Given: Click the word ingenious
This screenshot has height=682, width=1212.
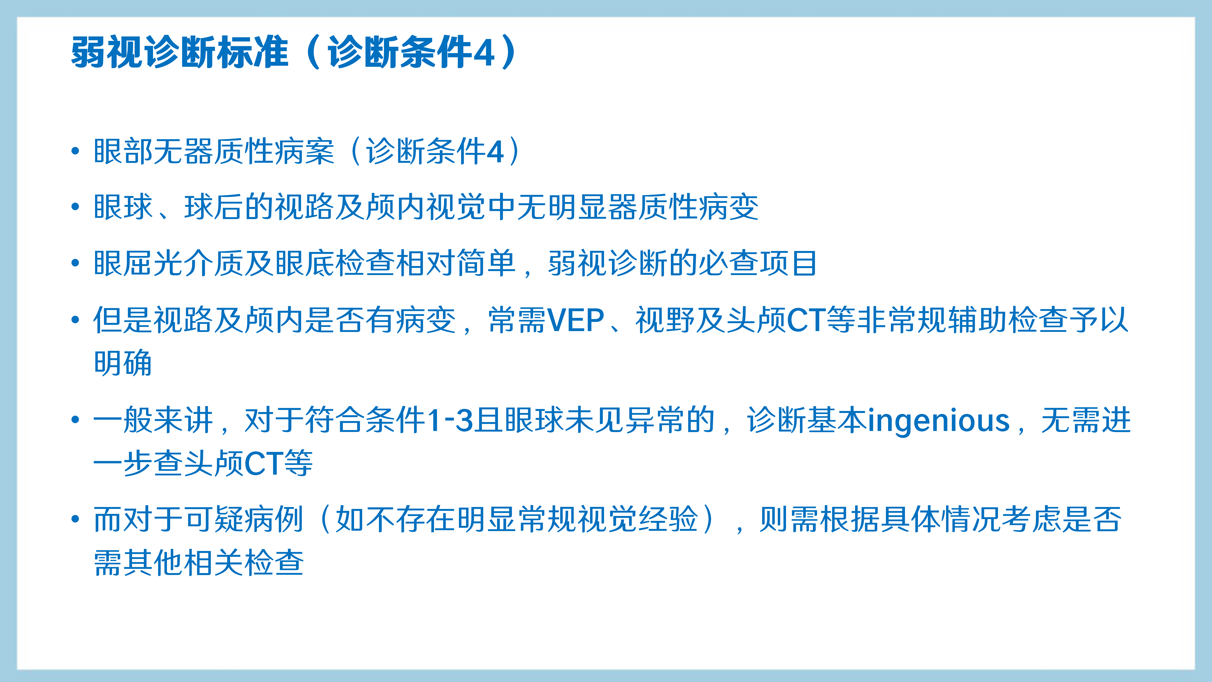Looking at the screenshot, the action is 939,420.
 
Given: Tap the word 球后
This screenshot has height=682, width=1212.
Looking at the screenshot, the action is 214,207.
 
